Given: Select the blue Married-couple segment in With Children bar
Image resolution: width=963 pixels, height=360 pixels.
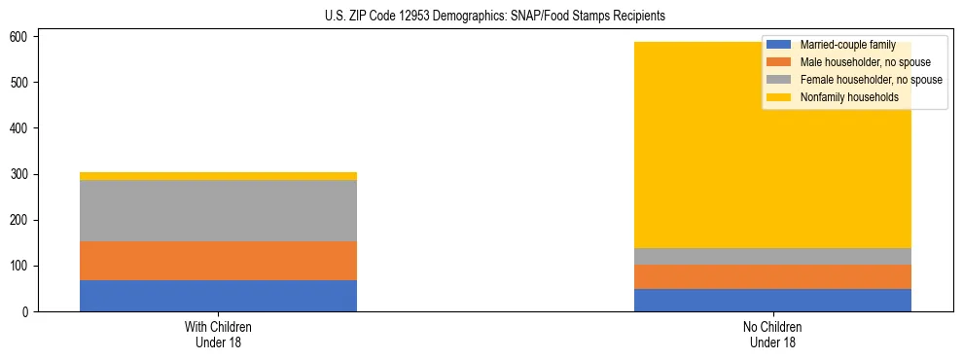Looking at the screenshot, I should click(218, 296).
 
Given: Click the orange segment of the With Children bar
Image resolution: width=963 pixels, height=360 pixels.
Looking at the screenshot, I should click(218, 261).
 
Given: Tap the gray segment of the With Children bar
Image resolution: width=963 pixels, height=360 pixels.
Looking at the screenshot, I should click(218, 210).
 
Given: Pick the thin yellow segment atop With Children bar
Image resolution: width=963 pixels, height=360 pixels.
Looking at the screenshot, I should click(218, 176).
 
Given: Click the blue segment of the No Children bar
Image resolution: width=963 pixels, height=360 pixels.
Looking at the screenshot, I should click(772, 300).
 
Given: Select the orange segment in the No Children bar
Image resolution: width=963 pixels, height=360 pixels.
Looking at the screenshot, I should click(772, 276).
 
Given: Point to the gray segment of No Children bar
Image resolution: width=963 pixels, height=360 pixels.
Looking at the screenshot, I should click(772, 256).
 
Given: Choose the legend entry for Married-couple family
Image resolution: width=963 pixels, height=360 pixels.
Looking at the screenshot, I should click(847, 45).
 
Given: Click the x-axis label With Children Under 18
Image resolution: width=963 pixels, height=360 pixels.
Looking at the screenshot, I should click(218, 334).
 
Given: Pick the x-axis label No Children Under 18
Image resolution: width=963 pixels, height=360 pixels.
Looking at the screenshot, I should click(772, 334).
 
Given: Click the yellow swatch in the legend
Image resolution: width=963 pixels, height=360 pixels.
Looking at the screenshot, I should click(779, 97).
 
